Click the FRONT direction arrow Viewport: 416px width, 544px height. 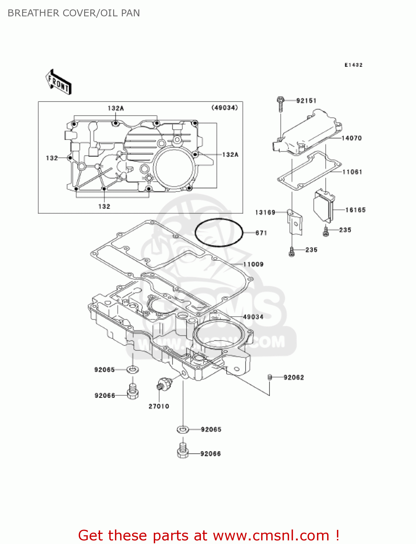tap(58, 82)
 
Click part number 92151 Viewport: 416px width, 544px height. tap(306, 101)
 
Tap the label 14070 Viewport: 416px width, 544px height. tap(351, 138)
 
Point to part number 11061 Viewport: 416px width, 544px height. tap(352, 172)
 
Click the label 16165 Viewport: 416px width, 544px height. tap(355, 210)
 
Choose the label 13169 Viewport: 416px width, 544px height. tap(265, 213)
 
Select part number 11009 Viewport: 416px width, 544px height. tap(253, 264)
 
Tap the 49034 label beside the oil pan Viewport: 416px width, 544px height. tap(253, 317)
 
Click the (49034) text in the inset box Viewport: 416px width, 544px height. tap(225, 108)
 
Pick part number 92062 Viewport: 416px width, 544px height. tap(293, 378)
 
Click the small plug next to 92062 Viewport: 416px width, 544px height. tap(269, 377)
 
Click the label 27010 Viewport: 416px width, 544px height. tap(159, 407)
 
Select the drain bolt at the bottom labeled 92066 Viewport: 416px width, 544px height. tap(183, 450)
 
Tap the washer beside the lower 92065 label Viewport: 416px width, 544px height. tap(183, 430)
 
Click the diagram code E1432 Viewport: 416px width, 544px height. tap(353, 65)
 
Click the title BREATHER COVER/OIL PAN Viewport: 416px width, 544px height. tap(74, 13)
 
